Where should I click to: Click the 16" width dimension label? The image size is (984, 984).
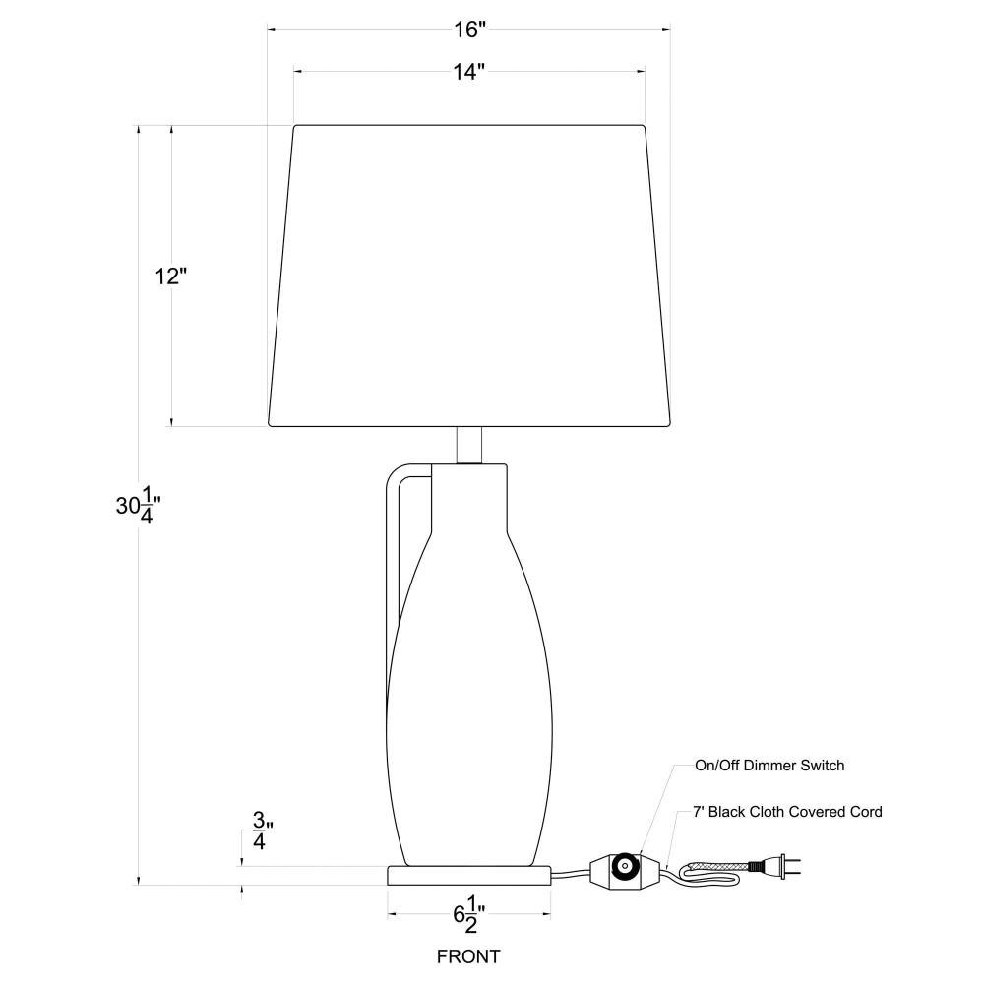tap(470, 29)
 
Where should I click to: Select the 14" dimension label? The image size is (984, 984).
tap(469, 72)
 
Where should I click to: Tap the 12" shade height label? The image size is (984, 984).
tap(170, 276)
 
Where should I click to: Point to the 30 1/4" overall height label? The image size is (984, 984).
tap(139, 506)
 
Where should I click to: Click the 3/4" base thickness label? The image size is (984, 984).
tap(262, 830)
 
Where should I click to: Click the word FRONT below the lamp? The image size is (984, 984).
tap(468, 956)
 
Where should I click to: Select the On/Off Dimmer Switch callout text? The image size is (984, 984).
tap(769, 765)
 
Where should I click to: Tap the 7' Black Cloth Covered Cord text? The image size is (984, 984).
tap(787, 812)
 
